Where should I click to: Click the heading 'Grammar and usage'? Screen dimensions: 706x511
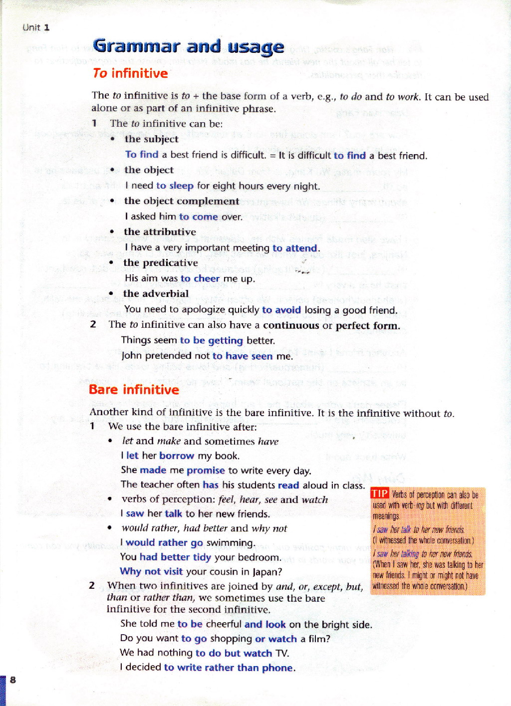[189, 47]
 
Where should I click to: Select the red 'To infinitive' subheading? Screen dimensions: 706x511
[130, 73]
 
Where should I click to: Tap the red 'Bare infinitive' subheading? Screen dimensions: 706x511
[134, 390]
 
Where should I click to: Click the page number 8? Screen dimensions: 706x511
[13, 680]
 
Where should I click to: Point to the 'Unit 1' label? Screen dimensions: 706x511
[36, 27]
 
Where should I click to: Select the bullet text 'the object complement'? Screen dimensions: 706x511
[182, 201]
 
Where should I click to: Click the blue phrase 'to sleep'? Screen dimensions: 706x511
[175, 186]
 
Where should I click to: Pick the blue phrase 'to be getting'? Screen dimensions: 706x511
[211, 341]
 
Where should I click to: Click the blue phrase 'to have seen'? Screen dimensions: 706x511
[242, 356]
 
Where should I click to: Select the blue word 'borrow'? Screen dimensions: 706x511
[177, 456]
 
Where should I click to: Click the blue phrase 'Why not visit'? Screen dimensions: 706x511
[151, 571]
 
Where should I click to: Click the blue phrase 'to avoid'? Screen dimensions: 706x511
[281, 310]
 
